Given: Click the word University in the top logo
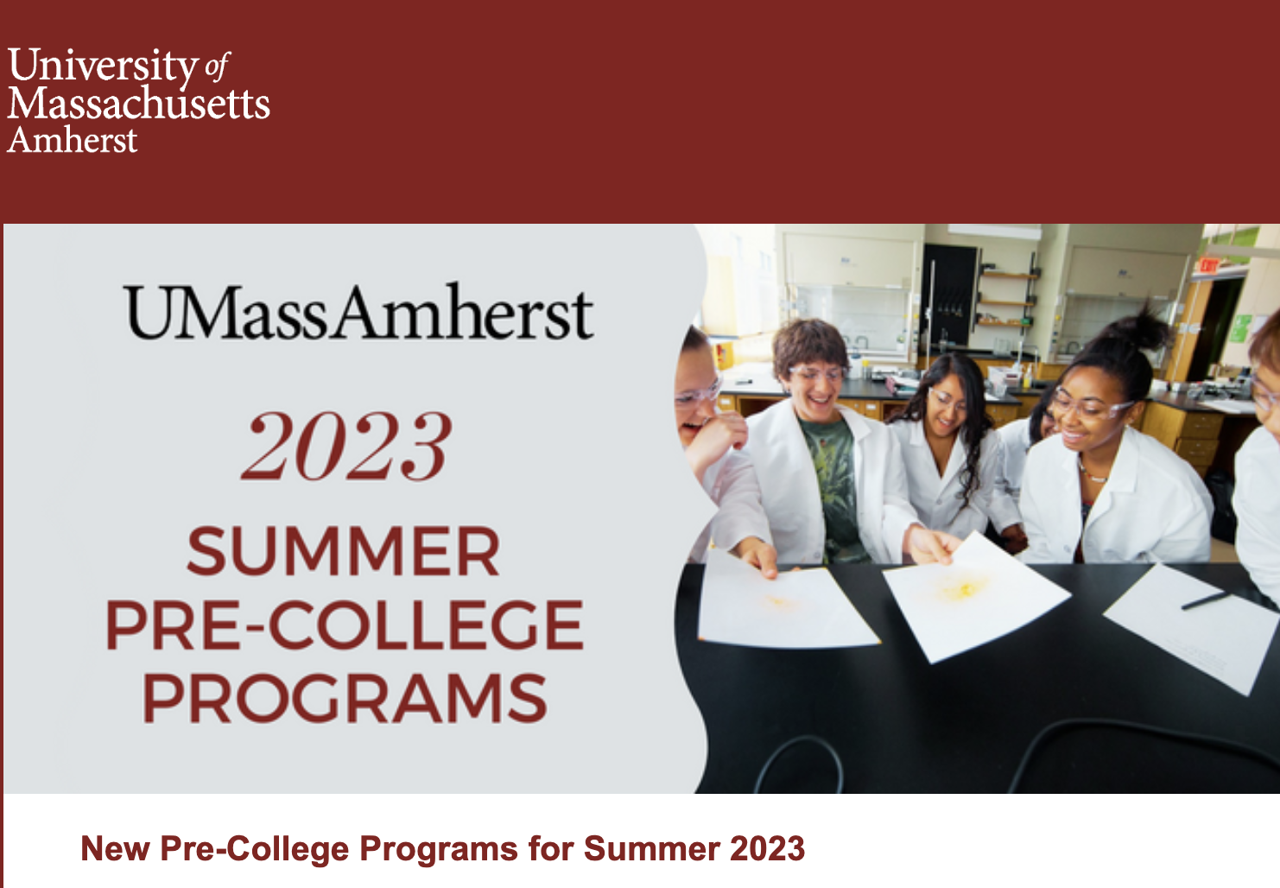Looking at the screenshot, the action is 102,67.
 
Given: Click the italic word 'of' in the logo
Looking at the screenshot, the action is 217,67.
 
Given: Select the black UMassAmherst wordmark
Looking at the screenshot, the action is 358,312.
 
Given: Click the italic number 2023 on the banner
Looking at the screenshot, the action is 347,446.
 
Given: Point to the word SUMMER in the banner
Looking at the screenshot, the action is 344,551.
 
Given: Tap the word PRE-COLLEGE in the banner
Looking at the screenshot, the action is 345,625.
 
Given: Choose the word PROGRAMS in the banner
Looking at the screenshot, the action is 345,698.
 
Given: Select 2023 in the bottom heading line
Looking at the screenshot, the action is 768,848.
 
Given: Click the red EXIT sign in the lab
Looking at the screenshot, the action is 1208,265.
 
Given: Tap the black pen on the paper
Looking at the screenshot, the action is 1206,600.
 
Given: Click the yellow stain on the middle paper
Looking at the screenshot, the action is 964,588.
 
